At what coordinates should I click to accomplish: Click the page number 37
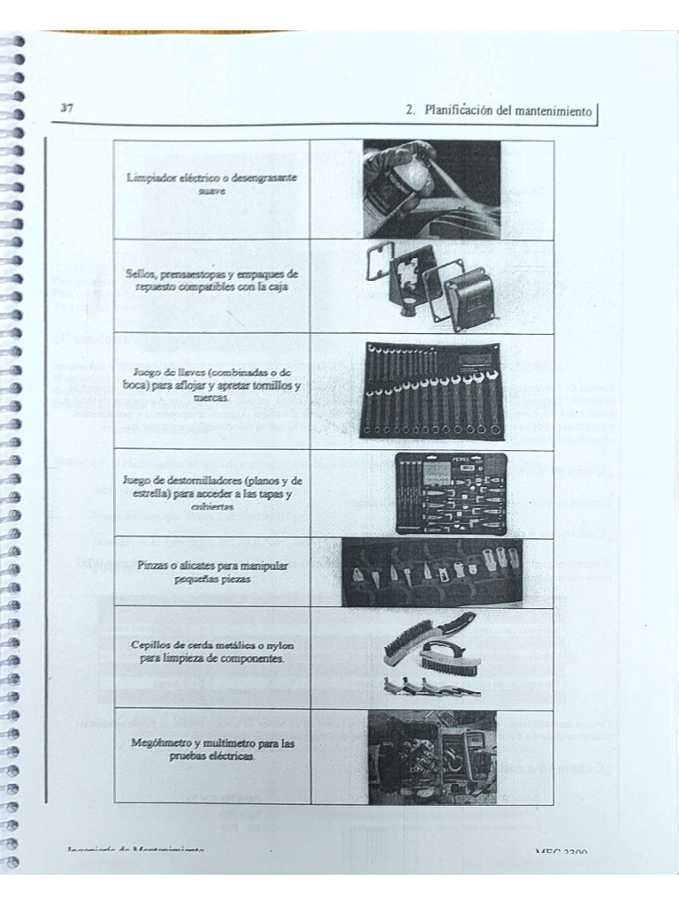[x=66, y=108]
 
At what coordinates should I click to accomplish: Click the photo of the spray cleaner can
[x=431, y=189]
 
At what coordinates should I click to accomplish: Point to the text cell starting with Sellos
[x=212, y=281]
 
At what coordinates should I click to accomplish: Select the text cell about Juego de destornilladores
[x=212, y=492]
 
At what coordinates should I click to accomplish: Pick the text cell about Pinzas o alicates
[x=212, y=571]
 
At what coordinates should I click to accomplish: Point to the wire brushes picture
[x=431, y=656]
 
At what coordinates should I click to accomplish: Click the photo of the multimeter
[x=432, y=756]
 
